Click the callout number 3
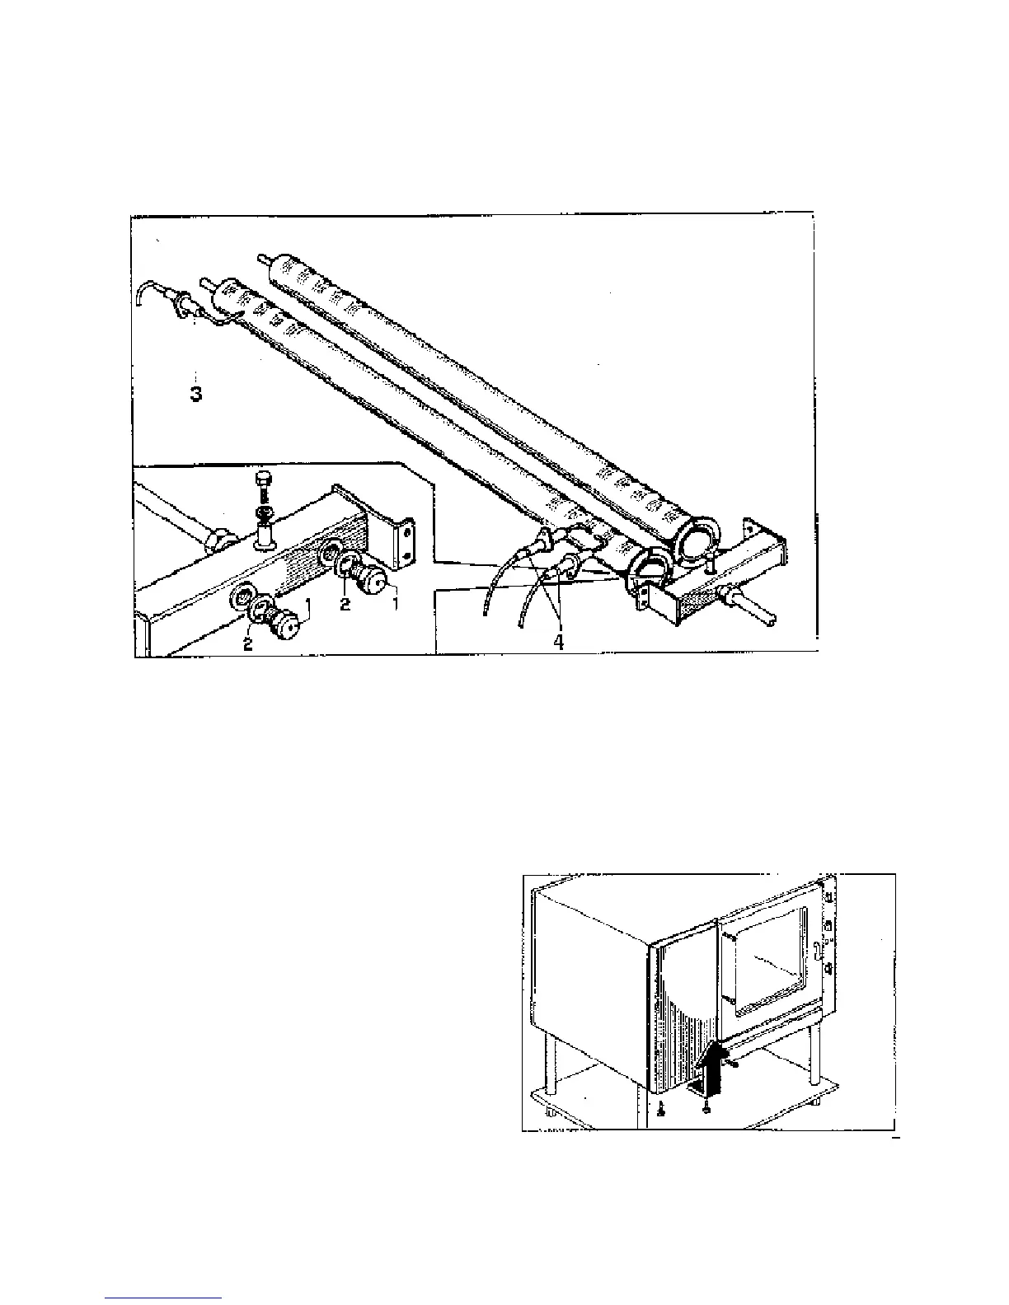click(x=196, y=394)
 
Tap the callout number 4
click(x=559, y=642)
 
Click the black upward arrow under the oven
click(x=710, y=1070)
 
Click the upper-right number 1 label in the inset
click(x=395, y=604)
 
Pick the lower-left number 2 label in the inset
click(x=247, y=644)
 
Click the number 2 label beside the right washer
click(x=345, y=604)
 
